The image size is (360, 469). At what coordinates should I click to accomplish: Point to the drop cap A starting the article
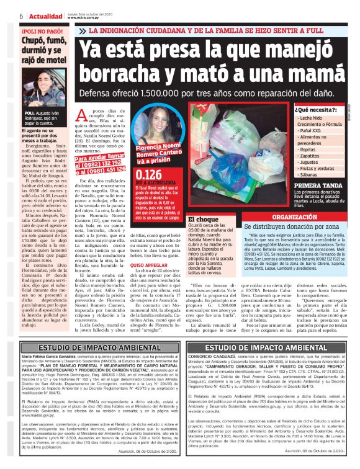coord(87,113)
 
